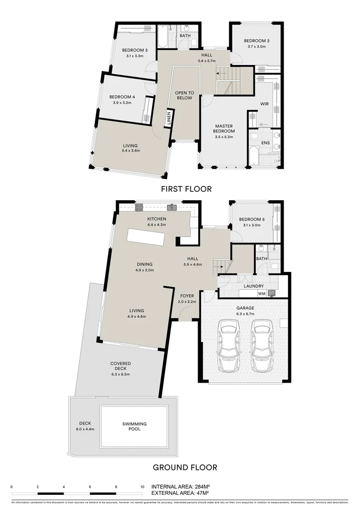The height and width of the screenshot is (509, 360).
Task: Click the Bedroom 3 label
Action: point(135,50)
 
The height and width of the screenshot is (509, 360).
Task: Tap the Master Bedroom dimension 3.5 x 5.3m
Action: point(225,137)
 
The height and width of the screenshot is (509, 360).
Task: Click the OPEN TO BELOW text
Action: point(185,95)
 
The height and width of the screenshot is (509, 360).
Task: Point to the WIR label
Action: point(264,104)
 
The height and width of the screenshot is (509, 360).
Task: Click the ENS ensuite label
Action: point(266,142)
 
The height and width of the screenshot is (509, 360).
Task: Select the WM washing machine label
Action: point(262,294)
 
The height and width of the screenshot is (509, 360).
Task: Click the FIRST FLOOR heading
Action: point(186,189)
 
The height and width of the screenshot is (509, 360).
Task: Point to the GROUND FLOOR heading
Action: point(185,468)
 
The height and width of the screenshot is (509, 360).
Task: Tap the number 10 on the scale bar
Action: point(142,486)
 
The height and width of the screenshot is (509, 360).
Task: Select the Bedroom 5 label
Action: point(252,220)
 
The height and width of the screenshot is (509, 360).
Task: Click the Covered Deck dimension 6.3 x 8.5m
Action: point(120,374)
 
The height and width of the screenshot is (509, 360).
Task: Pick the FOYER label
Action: point(186,296)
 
